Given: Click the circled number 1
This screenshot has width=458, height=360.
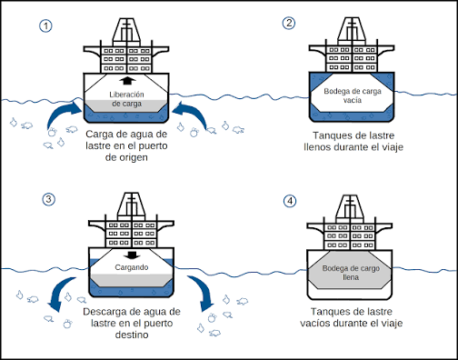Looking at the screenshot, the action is pyautogui.click(x=45, y=26).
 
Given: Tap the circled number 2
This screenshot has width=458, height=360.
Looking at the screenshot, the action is pyautogui.click(x=289, y=23).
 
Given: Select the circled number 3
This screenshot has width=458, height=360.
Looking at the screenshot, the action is pyautogui.click(x=48, y=199).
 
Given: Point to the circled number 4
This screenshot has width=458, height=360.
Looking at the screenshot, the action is pyautogui.click(x=290, y=201).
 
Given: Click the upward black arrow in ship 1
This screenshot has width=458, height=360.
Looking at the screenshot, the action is pyautogui.click(x=126, y=81).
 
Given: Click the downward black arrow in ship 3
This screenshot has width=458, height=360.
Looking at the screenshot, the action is pyautogui.click(x=132, y=255).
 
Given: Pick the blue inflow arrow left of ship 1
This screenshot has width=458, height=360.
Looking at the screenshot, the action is pyautogui.click(x=63, y=115).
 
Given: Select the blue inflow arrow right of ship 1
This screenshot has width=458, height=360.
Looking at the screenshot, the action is pyautogui.click(x=190, y=115).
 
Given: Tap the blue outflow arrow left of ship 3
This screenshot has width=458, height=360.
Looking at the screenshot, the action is pyautogui.click(x=62, y=293).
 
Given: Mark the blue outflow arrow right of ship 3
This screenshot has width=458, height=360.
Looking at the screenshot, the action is pyautogui.click(x=201, y=293).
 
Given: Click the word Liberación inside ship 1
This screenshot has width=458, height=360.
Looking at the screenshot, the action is pyautogui.click(x=126, y=95).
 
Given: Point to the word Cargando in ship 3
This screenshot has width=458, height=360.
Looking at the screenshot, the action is pyautogui.click(x=132, y=267).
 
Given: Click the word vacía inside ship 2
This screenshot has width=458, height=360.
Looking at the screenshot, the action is pyautogui.click(x=353, y=100).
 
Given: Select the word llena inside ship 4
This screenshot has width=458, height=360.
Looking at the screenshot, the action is pyautogui.click(x=351, y=277).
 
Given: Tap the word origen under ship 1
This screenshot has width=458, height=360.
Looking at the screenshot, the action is pyautogui.click(x=134, y=157).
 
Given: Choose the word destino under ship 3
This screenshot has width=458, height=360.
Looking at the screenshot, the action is pyautogui.click(x=132, y=335).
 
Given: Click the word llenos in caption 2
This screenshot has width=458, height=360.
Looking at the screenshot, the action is pyautogui.click(x=317, y=147).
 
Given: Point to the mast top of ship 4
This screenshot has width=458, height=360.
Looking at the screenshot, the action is pyautogui.click(x=350, y=195).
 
